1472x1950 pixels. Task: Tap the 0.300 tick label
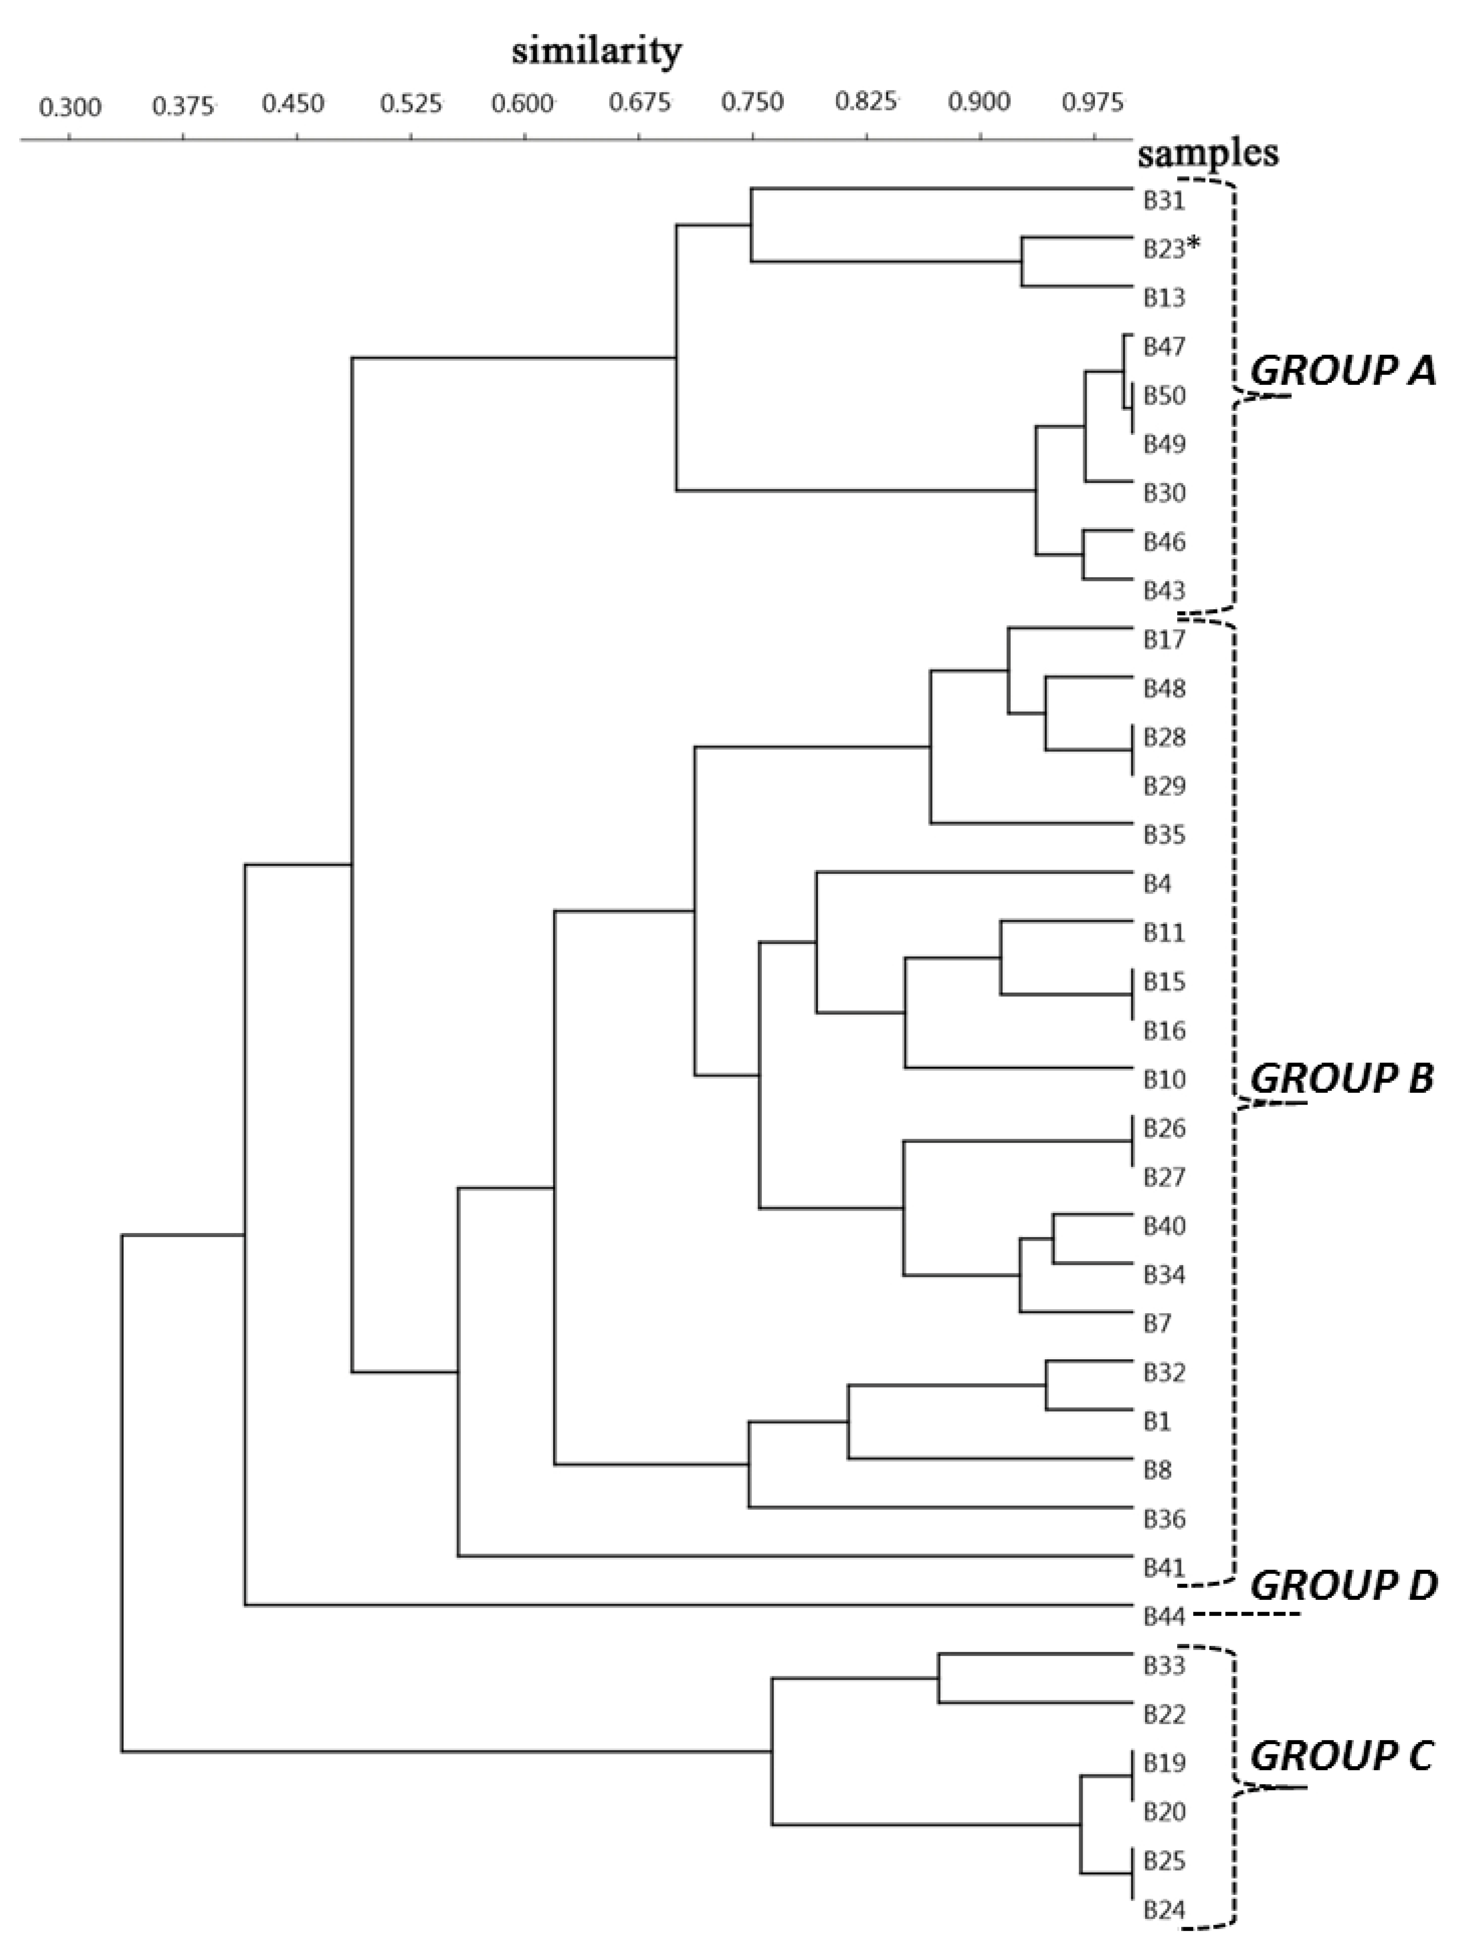click(x=71, y=108)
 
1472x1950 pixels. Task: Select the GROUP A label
click(x=1343, y=371)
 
